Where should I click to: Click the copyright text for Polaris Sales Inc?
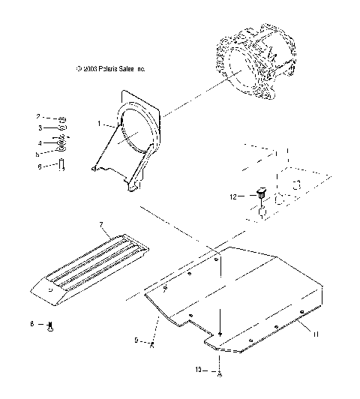point(110,68)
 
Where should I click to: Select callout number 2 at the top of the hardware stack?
point(38,117)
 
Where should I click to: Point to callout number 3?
point(38,130)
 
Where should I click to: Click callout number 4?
point(38,142)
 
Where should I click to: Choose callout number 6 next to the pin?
point(38,166)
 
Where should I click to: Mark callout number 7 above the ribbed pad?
point(100,224)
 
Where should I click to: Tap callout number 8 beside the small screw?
point(32,324)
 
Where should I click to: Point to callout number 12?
point(233,196)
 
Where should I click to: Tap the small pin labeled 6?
point(62,165)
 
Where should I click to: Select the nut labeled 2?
point(63,118)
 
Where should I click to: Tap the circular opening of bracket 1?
point(136,132)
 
